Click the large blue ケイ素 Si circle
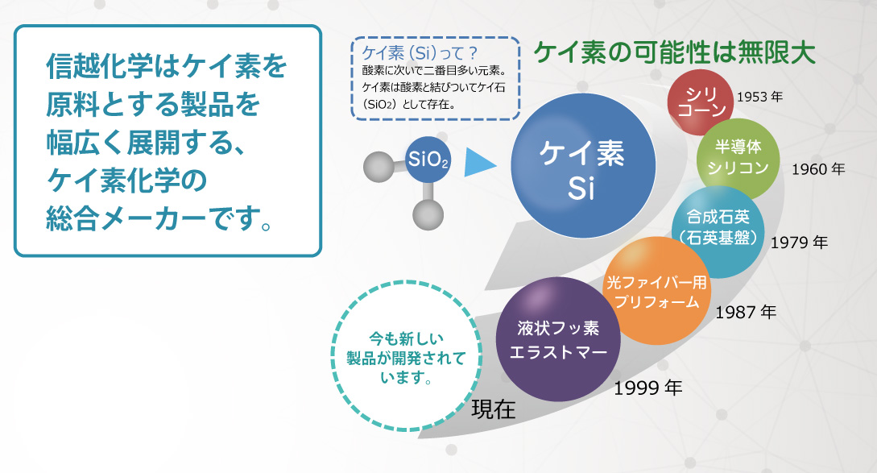(583, 166)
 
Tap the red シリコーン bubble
(701, 102)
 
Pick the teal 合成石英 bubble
(718, 232)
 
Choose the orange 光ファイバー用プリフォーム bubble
(657, 291)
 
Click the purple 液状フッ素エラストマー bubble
(558, 339)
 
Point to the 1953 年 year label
(759, 97)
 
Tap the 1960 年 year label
(817, 169)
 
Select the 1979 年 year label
(799, 243)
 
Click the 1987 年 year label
(746, 312)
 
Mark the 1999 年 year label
(647, 388)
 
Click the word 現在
(493, 410)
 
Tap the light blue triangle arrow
(480, 164)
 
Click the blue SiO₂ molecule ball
(428, 160)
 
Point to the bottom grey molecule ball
(428, 214)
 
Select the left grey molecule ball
(379, 167)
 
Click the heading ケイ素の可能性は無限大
(675, 53)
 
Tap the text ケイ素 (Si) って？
(420, 53)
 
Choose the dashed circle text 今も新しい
(406, 338)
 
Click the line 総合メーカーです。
(159, 219)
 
